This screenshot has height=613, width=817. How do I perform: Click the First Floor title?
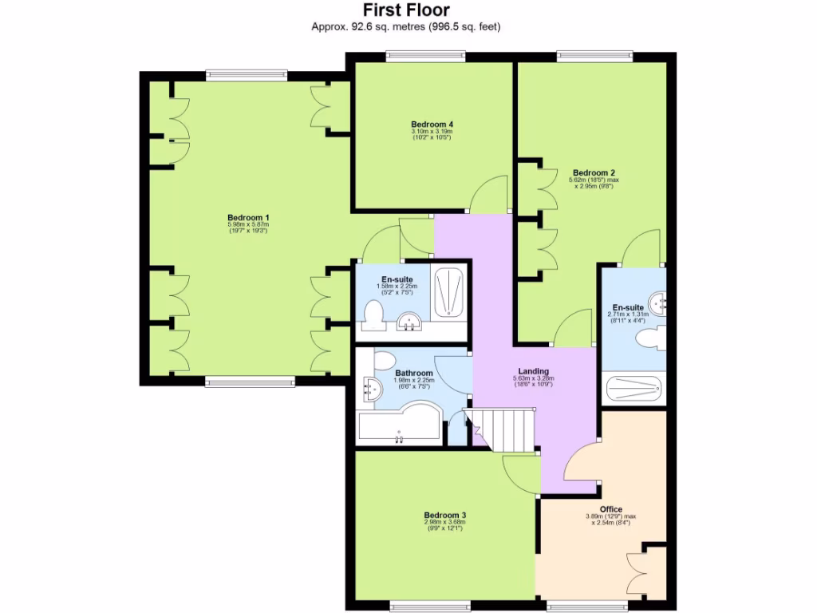[406, 10]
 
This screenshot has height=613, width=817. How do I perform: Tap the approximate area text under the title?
[406, 26]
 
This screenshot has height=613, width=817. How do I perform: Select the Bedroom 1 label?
[248, 218]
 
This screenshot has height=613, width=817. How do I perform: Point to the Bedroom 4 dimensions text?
[432, 135]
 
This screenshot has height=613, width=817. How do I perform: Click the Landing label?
[532, 370]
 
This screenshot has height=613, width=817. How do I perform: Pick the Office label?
[610, 509]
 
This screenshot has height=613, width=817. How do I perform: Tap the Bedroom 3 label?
[444, 515]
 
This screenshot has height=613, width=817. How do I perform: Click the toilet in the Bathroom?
[383, 360]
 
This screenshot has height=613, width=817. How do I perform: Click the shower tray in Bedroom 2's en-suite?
[633, 390]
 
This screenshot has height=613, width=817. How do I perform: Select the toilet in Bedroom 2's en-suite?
[648, 338]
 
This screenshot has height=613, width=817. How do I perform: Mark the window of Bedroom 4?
[425, 56]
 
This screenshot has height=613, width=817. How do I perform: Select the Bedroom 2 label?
[594, 172]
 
